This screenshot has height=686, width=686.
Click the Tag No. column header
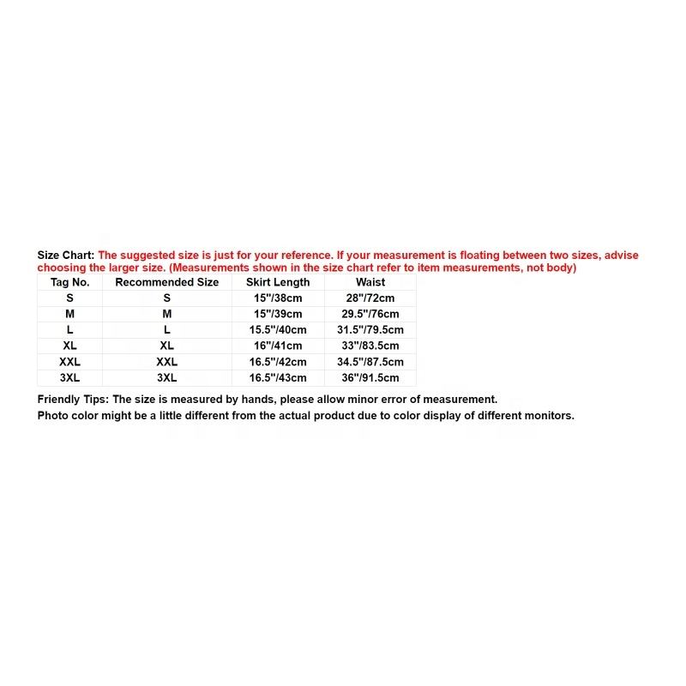(x=69, y=282)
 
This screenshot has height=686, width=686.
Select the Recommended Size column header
(x=166, y=282)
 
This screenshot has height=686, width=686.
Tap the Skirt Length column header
(x=278, y=282)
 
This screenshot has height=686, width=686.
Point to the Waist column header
(x=370, y=282)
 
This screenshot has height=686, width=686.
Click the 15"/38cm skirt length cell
(x=278, y=298)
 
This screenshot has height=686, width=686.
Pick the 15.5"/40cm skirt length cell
(x=278, y=330)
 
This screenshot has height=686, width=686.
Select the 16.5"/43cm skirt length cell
(x=278, y=377)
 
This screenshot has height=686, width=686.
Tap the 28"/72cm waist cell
(x=370, y=298)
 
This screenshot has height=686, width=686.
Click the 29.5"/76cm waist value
(x=370, y=315)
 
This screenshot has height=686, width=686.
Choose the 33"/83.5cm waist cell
(x=370, y=346)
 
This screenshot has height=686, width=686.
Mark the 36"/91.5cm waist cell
(x=370, y=377)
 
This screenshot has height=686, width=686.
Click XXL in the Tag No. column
(x=69, y=362)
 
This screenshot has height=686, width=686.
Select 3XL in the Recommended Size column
(x=166, y=377)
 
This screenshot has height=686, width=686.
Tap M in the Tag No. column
(x=69, y=315)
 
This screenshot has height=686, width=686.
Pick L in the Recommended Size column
(x=166, y=330)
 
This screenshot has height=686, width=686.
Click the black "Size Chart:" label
(x=66, y=256)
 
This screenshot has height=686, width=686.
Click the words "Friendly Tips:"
(x=73, y=400)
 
